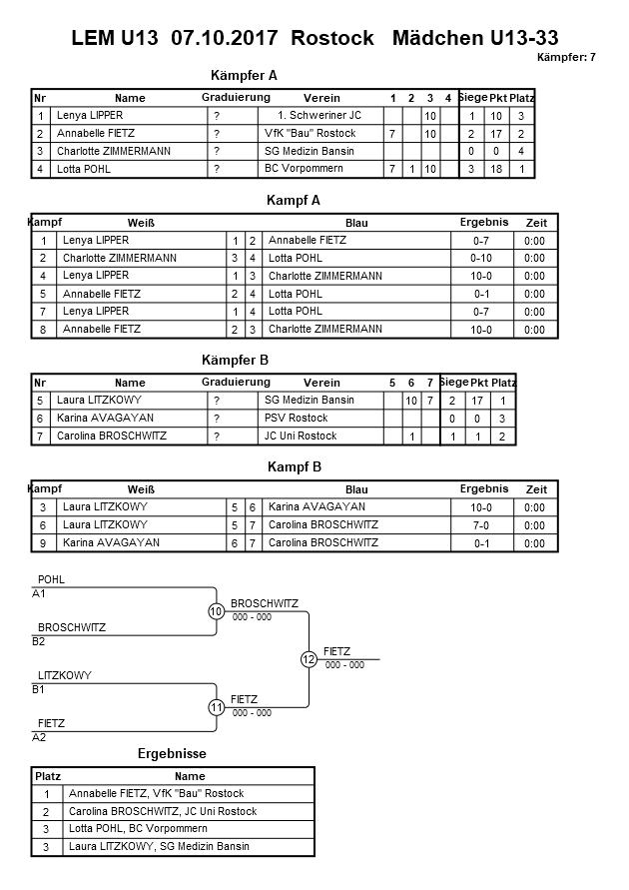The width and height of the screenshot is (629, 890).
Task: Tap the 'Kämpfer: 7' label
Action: (565, 57)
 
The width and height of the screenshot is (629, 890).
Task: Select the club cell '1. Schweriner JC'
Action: (319, 116)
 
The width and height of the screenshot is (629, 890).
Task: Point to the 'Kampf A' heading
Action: (294, 201)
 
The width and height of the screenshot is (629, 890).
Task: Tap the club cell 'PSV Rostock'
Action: (296, 419)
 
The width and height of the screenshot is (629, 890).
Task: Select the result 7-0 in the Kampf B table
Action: (483, 525)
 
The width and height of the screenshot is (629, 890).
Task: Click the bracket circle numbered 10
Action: (217, 611)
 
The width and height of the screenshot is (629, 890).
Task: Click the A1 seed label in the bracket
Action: (40, 593)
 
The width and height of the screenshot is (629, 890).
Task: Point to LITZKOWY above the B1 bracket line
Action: (64, 675)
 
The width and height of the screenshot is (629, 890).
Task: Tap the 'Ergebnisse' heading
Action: (171, 753)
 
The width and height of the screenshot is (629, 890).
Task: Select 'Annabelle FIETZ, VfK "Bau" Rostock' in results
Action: (155, 793)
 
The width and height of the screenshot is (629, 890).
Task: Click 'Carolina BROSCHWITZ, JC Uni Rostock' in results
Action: (162, 811)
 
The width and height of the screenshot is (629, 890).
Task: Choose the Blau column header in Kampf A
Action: (356, 222)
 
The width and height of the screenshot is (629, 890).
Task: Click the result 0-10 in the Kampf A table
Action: (483, 258)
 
